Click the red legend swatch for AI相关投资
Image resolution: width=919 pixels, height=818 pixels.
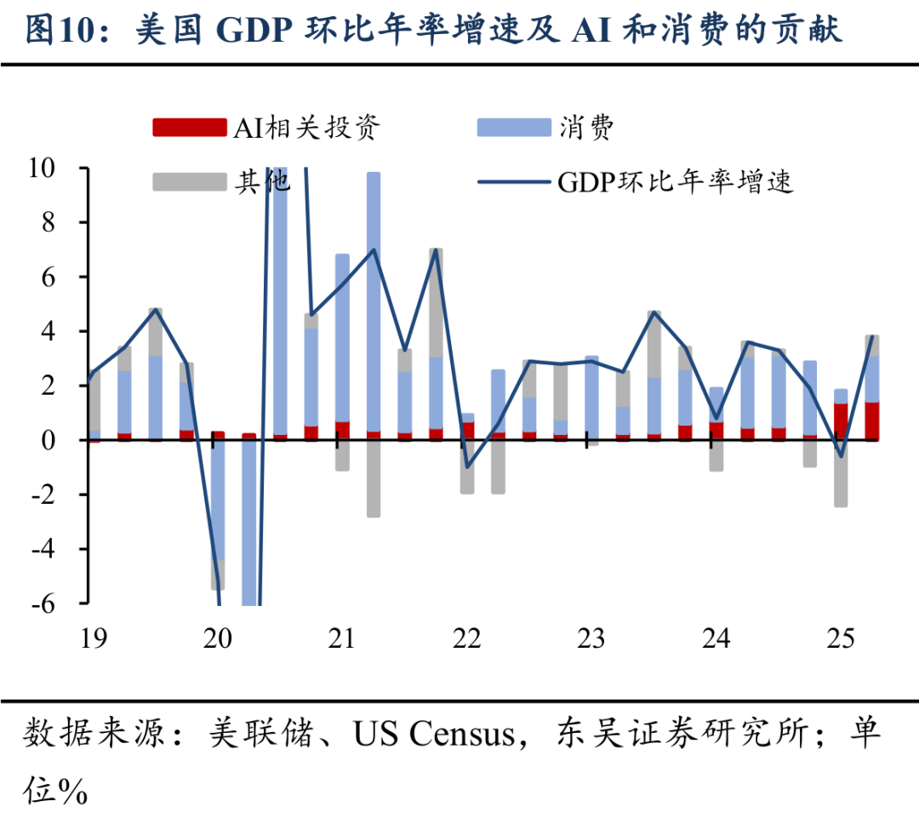[x=189, y=128]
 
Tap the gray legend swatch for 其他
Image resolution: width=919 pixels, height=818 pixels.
[x=189, y=181]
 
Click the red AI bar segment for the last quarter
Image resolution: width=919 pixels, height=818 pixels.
[x=872, y=420]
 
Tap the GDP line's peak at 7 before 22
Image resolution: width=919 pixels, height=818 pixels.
[x=436, y=249]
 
